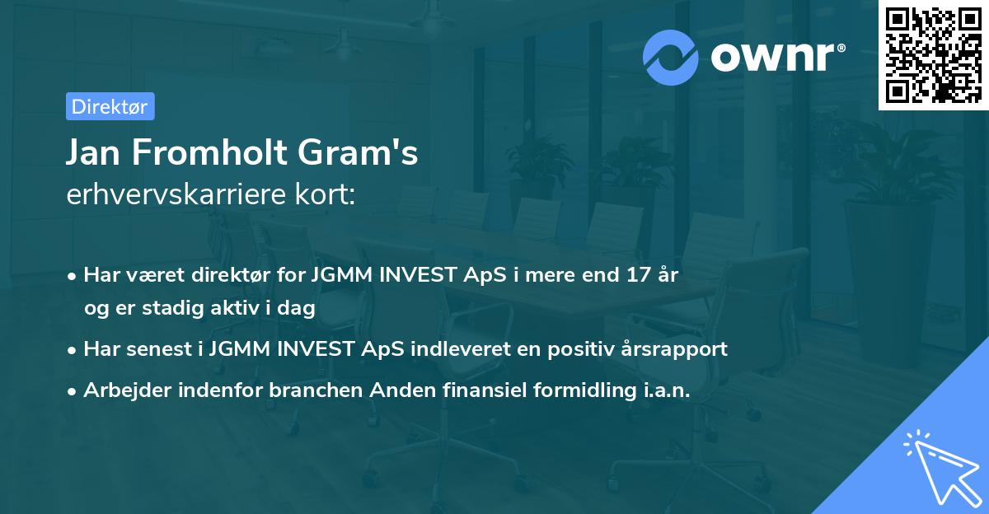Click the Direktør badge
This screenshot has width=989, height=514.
click(110, 106)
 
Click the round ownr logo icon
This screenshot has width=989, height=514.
click(671, 57)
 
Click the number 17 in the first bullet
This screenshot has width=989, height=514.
click(637, 275)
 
